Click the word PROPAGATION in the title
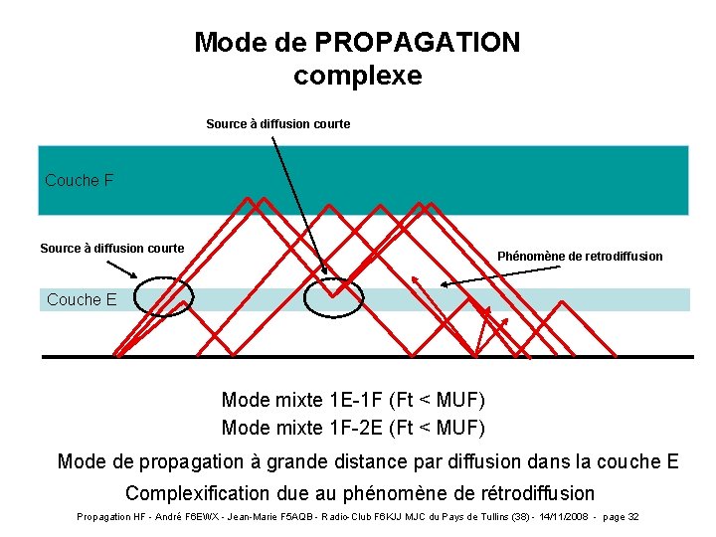(417, 43)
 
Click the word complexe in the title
(358, 76)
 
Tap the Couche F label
(79, 181)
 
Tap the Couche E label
(82, 299)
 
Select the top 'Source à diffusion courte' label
(277, 124)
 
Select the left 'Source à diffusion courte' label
(111, 249)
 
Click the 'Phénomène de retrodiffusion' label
(580, 257)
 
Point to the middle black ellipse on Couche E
(333, 298)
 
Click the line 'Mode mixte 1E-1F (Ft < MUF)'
(353, 401)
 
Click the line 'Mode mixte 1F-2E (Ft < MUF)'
(353, 429)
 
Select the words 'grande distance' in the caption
(376, 461)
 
